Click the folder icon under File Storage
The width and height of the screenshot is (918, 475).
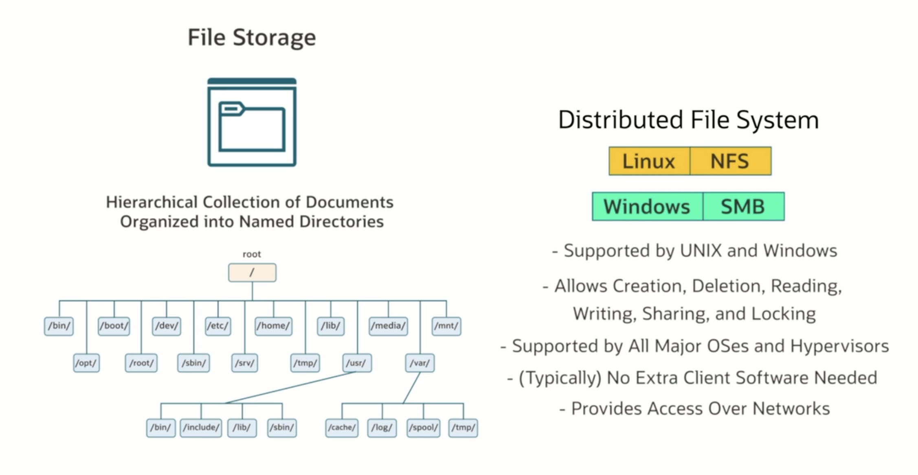coord(252,122)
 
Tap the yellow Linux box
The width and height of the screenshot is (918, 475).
coord(649,161)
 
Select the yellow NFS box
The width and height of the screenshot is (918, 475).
coord(730,161)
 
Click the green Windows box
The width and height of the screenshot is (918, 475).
coord(647,207)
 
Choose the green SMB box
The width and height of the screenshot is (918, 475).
coord(743,207)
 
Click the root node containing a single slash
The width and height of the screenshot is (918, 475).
coord(252,272)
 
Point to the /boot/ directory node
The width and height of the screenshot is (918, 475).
coord(114,326)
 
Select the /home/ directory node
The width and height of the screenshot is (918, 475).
coord(273,326)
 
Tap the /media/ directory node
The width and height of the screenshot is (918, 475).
coord(388,326)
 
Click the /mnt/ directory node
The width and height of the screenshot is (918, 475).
coord(446,326)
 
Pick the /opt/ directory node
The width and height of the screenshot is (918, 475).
coord(86,363)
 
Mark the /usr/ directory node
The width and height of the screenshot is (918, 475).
coord(356,363)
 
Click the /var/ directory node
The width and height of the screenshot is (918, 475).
coord(420,363)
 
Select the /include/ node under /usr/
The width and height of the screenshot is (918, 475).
coord(201,428)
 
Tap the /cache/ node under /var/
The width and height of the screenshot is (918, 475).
coord(342,428)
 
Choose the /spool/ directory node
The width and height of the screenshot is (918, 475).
coord(424,428)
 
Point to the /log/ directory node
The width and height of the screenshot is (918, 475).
coord(382,428)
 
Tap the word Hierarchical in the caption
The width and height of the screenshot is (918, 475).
coord(152,202)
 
